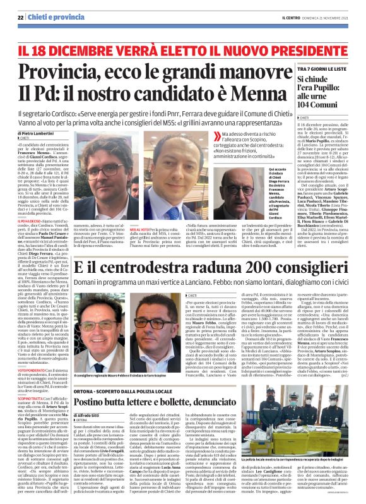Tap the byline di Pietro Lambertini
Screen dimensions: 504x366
35,135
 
